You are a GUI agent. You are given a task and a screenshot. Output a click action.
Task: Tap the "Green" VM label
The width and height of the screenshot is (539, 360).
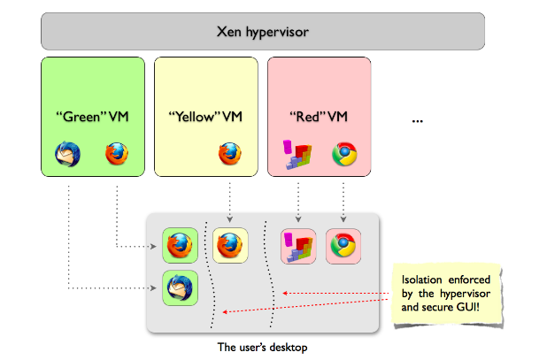point(92,116)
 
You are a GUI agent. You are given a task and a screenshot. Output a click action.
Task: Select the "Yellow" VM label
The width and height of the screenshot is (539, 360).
point(206,116)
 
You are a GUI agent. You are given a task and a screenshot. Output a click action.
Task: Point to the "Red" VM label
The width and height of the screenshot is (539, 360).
point(320,116)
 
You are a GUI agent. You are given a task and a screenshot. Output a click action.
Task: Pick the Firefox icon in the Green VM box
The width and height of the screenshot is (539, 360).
point(117,154)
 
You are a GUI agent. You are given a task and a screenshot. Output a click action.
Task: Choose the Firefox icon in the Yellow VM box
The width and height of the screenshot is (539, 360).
point(230,154)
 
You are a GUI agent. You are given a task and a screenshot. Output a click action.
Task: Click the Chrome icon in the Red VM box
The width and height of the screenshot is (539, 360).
point(343,154)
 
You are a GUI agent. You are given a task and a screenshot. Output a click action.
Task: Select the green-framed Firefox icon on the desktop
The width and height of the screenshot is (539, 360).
point(180,243)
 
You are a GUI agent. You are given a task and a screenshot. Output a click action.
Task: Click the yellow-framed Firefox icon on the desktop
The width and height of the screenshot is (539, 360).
point(229,243)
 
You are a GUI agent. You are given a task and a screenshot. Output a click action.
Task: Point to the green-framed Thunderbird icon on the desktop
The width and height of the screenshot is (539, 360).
point(180,288)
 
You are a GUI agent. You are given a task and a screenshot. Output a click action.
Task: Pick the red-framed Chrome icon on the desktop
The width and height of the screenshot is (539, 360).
point(343,243)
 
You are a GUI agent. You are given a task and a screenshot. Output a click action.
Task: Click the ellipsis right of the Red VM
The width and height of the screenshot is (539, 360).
point(420,120)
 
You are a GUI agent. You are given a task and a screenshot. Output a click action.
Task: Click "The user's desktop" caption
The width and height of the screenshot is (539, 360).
point(261,345)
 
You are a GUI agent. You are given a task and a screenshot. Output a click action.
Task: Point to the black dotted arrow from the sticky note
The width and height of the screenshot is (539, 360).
point(336,293)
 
